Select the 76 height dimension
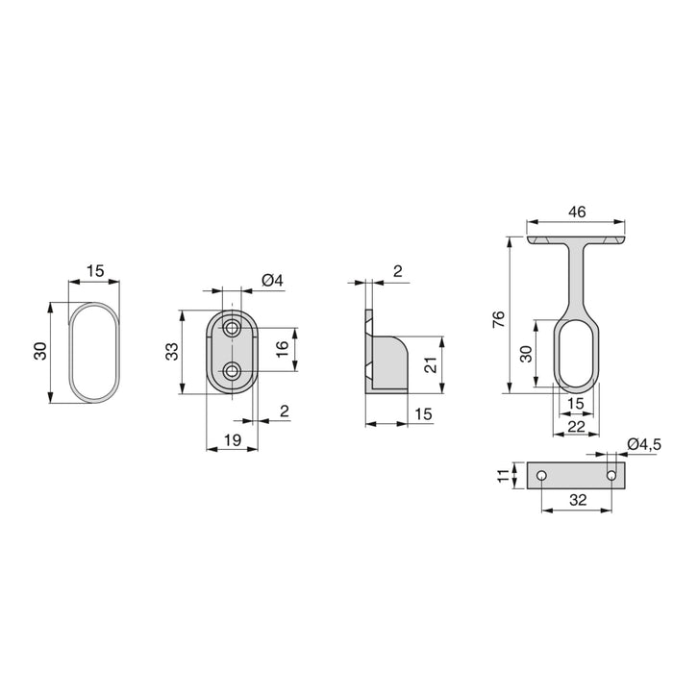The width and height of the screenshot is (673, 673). tap(497, 319)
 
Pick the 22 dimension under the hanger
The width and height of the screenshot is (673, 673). tap(575, 426)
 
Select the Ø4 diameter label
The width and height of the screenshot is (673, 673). tap(271, 281)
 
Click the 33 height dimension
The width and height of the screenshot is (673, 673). tap(171, 351)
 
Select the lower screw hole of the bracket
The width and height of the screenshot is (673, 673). tap(232, 371)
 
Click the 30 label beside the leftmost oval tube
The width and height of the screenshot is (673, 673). tap(39, 351)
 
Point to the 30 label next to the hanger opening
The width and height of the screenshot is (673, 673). tap(527, 353)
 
